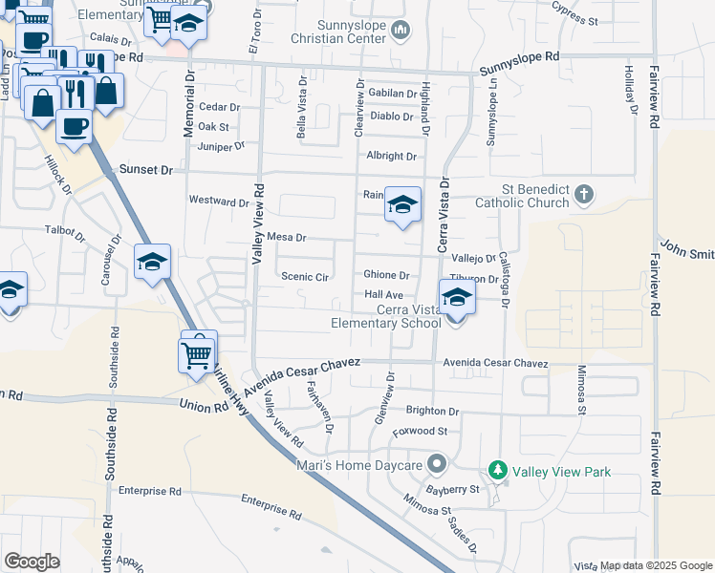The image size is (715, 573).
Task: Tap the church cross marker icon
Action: point(585,196)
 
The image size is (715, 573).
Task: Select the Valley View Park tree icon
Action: point(497,471)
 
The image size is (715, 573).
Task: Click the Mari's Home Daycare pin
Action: point(438,465)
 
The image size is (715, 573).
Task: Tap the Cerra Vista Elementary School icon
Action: point(458,298)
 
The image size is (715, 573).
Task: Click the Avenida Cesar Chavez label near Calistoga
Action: point(495,364)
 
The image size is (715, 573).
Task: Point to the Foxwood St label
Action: point(421,432)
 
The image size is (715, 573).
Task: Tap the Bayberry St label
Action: point(454,490)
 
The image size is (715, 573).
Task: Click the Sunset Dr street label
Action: point(146,170)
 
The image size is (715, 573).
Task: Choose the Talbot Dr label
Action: point(66,230)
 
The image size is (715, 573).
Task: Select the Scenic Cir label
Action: point(305,277)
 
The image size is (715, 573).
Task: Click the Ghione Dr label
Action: point(386,275)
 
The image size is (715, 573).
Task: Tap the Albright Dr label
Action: point(391,156)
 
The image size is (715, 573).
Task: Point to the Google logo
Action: point(32,562)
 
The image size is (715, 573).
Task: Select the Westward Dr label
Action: point(219,202)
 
